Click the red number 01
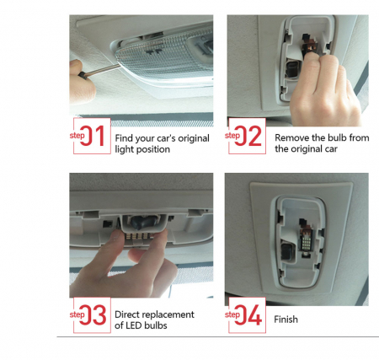point(93,136)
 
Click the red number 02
point(248,136)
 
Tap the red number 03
point(93,314)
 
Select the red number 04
point(248,314)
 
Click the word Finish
point(286,320)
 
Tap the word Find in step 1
point(124,138)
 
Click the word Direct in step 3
point(126,314)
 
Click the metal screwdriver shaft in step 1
point(102,69)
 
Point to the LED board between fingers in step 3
point(138,236)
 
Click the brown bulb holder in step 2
point(309,46)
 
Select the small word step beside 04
point(232,314)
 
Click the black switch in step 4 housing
point(288,251)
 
